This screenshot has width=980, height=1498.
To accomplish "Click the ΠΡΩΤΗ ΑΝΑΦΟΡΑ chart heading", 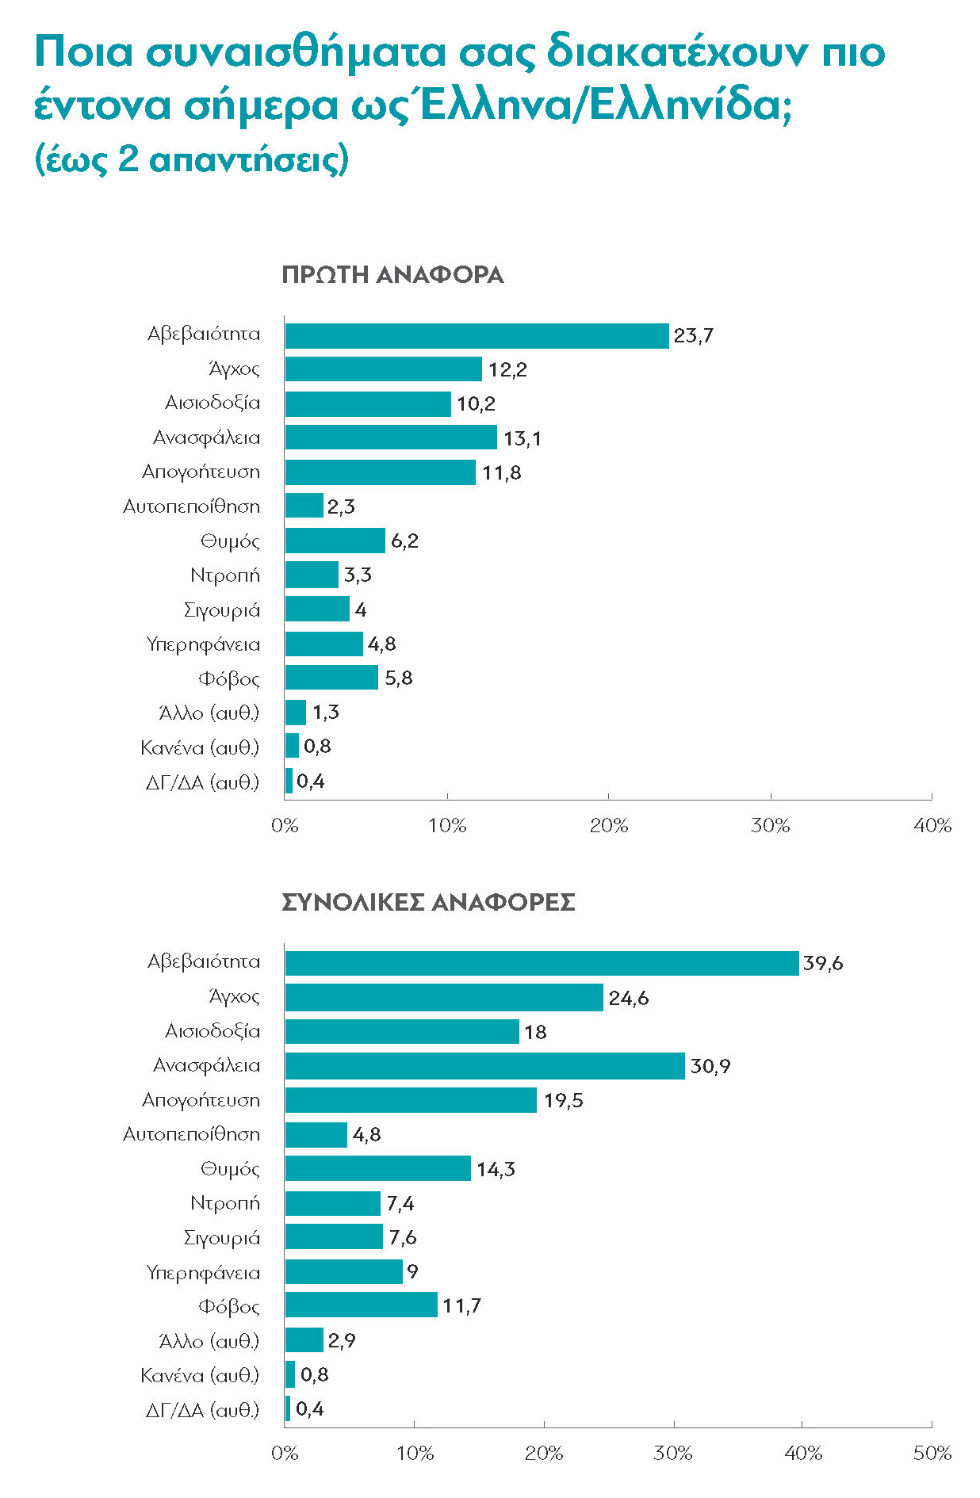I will [x=392, y=275].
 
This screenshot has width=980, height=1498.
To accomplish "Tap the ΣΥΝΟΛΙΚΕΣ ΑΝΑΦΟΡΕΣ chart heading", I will [x=428, y=902].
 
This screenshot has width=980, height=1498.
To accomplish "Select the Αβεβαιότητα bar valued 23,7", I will [x=477, y=335].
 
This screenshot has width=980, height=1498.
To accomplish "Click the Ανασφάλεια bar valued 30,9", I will [x=484, y=1066].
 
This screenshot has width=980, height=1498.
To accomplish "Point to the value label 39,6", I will [x=823, y=964].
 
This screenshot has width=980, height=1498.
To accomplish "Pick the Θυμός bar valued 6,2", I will [x=335, y=541].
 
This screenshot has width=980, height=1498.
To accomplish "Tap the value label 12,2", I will [x=507, y=369].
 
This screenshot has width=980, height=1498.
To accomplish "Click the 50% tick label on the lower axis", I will [x=932, y=1453].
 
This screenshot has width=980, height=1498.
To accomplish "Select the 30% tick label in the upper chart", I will [x=770, y=826].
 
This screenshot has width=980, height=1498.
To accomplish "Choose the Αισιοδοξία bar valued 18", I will [x=402, y=1031].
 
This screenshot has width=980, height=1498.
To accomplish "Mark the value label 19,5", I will [x=563, y=1100].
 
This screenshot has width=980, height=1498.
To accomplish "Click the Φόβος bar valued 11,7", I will [x=361, y=1305].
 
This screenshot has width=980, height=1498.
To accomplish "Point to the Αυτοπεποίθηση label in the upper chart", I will [x=191, y=506].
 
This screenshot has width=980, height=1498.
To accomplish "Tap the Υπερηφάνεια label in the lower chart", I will [x=203, y=1272].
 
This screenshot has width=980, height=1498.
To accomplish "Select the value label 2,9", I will [x=342, y=1340].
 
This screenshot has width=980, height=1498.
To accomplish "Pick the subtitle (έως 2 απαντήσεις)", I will [x=192, y=159].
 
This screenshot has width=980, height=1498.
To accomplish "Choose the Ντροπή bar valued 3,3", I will [x=312, y=575].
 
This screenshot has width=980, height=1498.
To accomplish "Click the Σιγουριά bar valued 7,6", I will [x=334, y=1237].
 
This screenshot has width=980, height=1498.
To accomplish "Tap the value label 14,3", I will [x=496, y=1169].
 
